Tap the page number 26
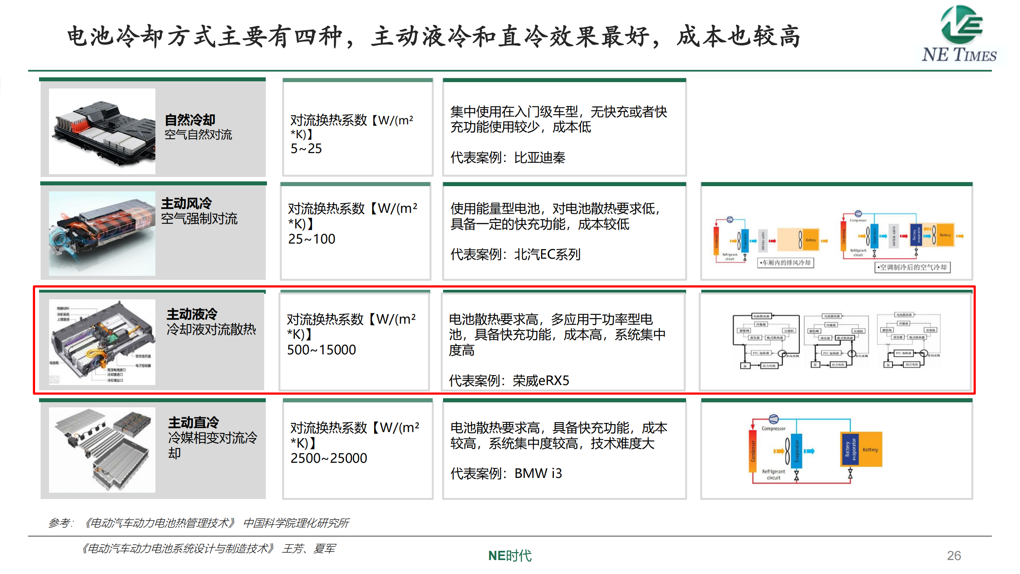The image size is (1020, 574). (953, 555)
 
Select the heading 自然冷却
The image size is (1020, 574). (190, 120)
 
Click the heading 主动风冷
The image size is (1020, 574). (186, 203)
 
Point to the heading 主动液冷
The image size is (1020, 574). (192, 314)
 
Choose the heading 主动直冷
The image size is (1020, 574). (194, 422)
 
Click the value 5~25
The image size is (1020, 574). (306, 149)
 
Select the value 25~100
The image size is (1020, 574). (312, 239)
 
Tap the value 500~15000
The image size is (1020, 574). (321, 350)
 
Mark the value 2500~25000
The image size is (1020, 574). (329, 458)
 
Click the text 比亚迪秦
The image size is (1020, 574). (539, 158)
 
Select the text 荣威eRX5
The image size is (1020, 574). (541, 381)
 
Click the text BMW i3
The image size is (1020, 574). (538, 474)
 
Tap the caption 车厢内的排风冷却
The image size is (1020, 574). (786, 263)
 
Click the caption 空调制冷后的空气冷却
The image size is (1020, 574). (912, 267)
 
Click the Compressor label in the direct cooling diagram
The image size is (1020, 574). (773, 429)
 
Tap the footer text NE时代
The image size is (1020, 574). (510, 555)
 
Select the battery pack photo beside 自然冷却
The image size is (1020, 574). (102, 131)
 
